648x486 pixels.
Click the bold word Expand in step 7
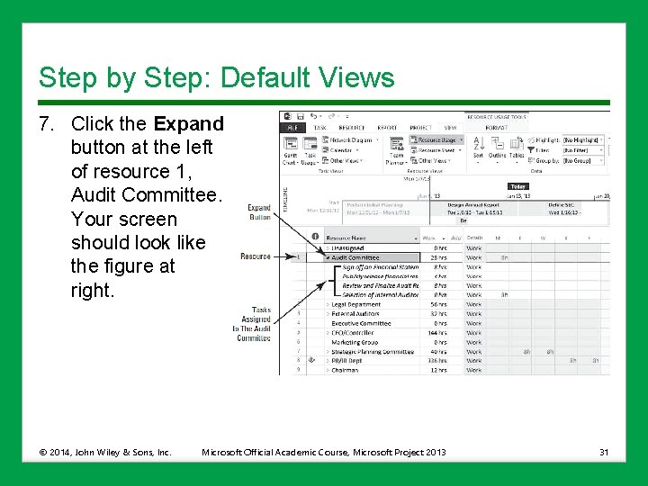(x=188, y=123)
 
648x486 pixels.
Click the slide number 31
(x=604, y=451)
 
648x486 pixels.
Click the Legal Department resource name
(x=355, y=304)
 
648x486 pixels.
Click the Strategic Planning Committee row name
(x=373, y=352)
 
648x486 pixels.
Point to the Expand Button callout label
(x=259, y=211)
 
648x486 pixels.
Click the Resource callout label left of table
(x=256, y=256)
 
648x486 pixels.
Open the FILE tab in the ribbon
(x=292, y=128)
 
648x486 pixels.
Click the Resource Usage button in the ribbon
(x=436, y=140)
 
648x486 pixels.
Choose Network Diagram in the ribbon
(x=352, y=140)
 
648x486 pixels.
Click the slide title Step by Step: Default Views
(x=216, y=77)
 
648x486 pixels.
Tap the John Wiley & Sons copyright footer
(x=105, y=451)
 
